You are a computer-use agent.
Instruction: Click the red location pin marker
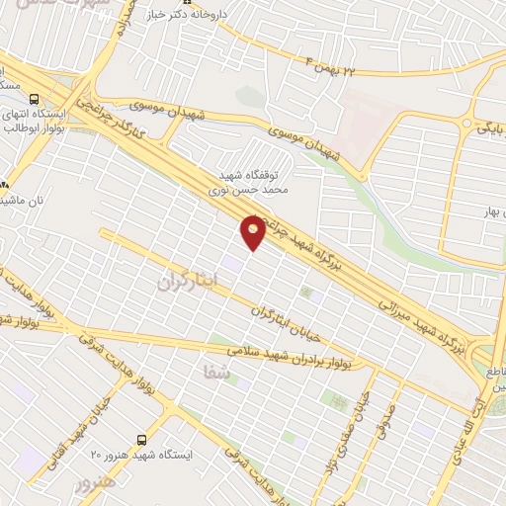coord(254,232)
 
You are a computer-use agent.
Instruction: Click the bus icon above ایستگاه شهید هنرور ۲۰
coord(141,438)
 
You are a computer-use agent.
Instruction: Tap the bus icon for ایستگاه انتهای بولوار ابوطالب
coord(36,100)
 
